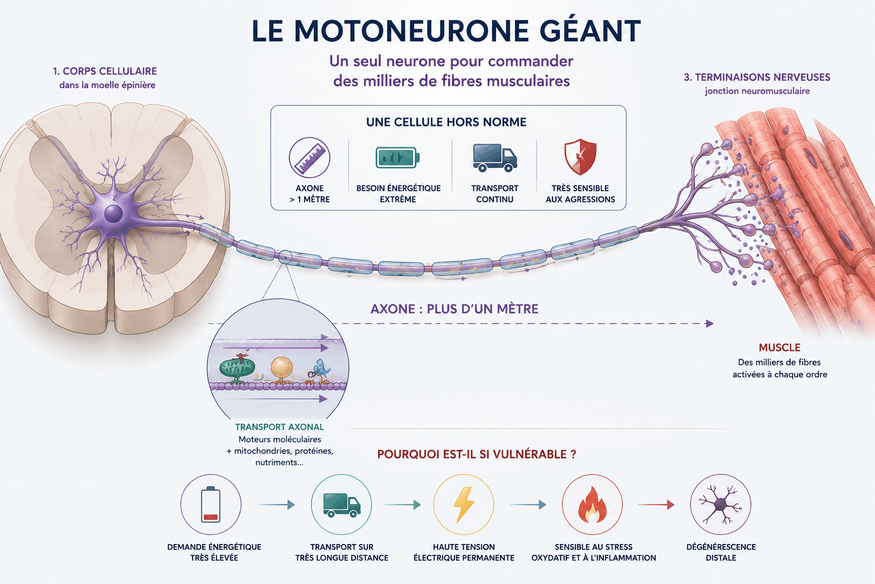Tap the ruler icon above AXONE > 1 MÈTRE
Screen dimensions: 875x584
(309, 157)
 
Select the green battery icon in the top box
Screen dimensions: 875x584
(398, 157)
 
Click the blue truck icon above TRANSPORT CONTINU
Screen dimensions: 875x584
(495, 157)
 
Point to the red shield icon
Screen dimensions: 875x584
(580, 157)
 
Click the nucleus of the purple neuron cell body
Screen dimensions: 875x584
(113, 214)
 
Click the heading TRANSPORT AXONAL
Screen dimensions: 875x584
(279, 427)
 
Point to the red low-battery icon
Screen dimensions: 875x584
(211, 505)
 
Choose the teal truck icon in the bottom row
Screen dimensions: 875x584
(342, 505)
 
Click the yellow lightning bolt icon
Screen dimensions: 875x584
(464, 505)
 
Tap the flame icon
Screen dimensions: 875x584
(592, 505)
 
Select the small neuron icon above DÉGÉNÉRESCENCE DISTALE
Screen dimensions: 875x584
(721, 505)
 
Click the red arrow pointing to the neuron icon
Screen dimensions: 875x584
(656, 505)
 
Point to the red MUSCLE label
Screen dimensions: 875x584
(780, 347)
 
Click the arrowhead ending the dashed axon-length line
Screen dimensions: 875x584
(710, 323)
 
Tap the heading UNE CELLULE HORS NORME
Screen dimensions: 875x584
(446, 122)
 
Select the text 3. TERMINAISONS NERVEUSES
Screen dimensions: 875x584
(757, 77)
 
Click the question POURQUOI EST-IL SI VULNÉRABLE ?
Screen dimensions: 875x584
(477, 454)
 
